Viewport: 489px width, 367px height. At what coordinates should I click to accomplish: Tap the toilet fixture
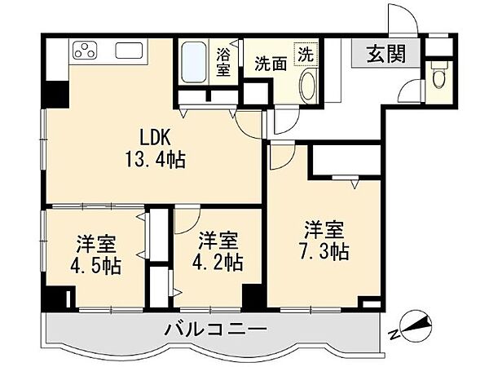[x=439, y=78]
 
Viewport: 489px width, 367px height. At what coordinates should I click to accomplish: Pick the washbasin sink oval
[x=309, y=84]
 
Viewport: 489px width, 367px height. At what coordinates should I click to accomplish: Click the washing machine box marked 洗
[x=303, y=55]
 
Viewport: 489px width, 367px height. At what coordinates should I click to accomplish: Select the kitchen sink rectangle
[x=130, y=51]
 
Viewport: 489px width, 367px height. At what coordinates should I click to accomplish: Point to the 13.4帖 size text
[x=156, y=161]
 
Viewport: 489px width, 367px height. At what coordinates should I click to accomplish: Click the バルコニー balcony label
[x=215, y=331]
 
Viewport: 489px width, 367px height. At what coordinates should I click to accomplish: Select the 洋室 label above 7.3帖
[x=323, y=228]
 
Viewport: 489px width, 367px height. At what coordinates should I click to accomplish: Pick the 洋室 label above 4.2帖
[x=216, y=240]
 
